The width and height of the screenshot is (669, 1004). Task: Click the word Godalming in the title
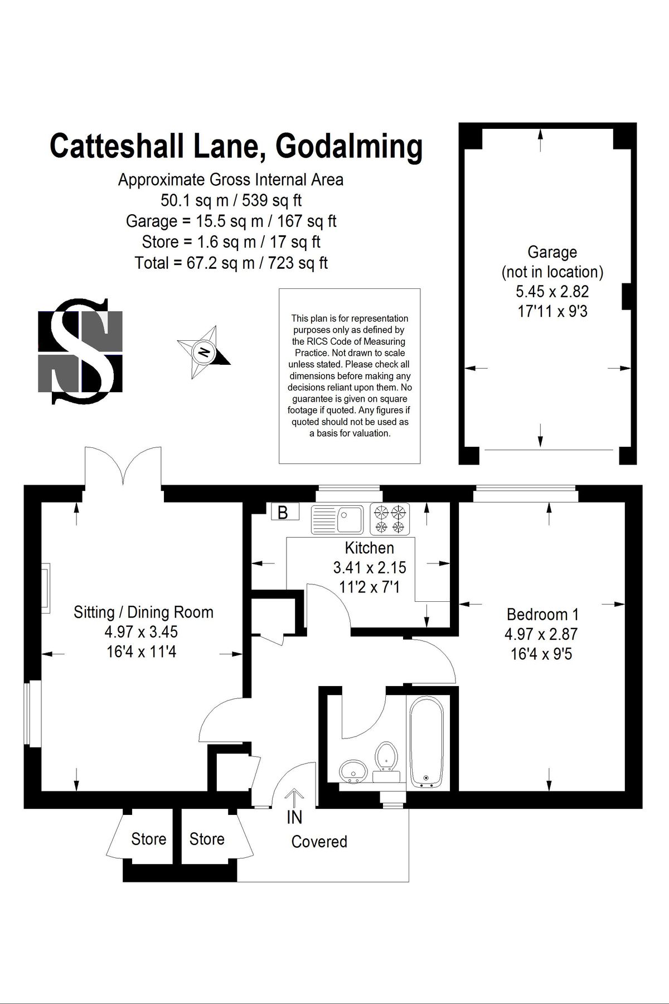point(349,147)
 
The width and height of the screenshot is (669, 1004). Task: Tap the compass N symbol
point(204,352)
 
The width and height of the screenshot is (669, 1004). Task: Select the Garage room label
point(552,252)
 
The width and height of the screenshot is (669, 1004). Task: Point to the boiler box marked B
point(284,511)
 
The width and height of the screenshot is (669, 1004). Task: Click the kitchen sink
point(337,519)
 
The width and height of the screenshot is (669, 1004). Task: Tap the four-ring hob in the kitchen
point(390,519)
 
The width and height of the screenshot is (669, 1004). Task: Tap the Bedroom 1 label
point(542,614)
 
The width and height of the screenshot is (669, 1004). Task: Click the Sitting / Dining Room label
point(143,612)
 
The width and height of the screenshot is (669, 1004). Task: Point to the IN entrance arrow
point(294,799)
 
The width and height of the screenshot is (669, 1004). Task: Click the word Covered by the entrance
point(319,841)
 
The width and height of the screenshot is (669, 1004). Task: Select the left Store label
point(148,839)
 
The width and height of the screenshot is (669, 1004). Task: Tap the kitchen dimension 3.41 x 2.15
point(369,568)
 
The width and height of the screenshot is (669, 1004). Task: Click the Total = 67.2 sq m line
point(231,263)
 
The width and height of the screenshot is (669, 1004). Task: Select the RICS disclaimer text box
point(350,375)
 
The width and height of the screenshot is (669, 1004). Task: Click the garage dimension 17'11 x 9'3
point(552,311)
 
